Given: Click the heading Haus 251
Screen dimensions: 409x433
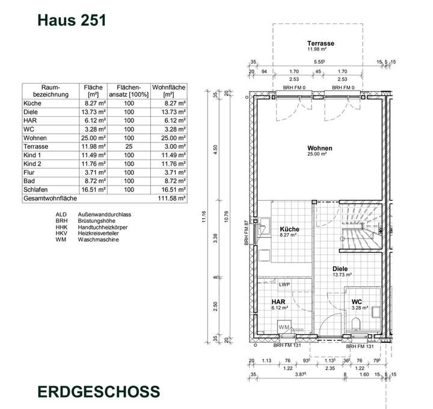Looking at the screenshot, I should [x=72, y=19].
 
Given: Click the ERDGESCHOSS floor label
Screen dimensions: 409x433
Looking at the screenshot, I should [x=99, y=391].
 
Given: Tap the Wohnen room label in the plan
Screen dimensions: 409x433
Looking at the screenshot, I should [x=319, y=148].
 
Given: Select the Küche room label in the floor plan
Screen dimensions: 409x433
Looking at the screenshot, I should [x=289, y=229].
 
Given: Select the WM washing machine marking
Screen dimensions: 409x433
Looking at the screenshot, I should [x=284, y=326].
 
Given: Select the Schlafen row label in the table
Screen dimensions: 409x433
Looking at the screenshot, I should [x=36, y=189].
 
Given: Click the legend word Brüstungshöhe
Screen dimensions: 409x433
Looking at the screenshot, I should [x=97, y=220].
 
